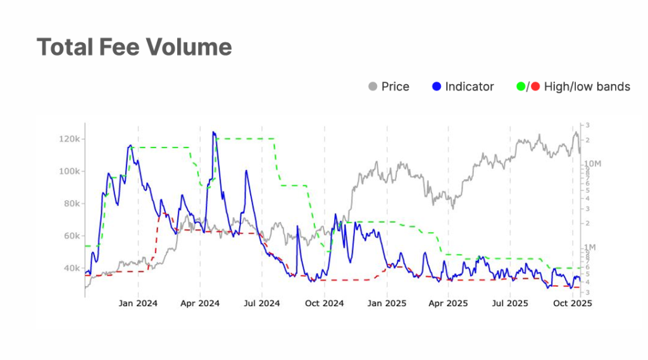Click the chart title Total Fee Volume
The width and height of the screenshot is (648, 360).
click(x=134, y=47)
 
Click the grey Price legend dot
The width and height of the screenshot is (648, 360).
click(x=373, y=87)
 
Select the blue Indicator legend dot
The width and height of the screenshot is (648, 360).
click(x=436, y=87)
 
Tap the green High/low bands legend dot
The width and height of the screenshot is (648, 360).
click(x=521, y=87)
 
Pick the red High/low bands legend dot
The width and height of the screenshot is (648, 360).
click(x=535, y=87)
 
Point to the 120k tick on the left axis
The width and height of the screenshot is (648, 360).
click(x=68, y=139)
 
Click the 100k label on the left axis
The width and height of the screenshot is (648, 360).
click(x=68, y=171)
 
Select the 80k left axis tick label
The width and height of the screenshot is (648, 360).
click(x=70, y=204)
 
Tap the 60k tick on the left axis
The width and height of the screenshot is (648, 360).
click(x=70, y=236)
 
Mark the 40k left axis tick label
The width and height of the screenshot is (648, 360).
click(x=70, y=268)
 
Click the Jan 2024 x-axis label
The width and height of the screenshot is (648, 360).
click(x=137, y=303)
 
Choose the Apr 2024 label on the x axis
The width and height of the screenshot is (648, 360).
click(x=199, y=303)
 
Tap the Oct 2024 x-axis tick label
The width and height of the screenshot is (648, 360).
click(x=324, y=303)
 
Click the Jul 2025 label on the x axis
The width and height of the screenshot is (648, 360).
click(x=510, y=303)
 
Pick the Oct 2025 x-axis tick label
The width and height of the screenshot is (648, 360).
click(x=573, y=303)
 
